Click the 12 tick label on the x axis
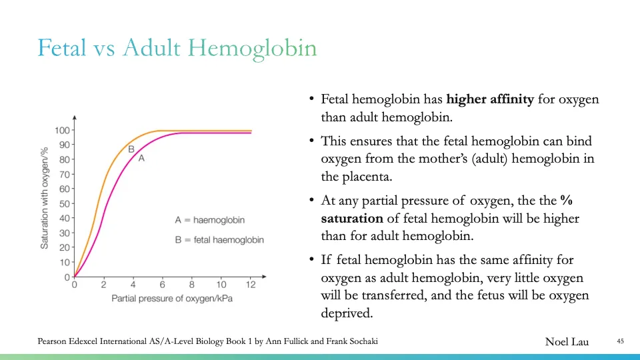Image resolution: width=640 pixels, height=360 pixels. pyautogui.click(x=250, y=285)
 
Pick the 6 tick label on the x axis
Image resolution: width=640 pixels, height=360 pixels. pyautogui.click(x=162, y=285)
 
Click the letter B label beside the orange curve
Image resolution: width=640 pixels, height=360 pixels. pyautogui.click(x=131, y=149)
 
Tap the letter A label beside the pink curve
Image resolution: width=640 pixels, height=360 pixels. pyautogui.click(x=141, y=159)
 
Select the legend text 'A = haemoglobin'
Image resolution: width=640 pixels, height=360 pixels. pyautogui.click(x=209, y=220)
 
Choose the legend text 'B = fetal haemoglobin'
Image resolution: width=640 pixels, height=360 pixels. pyautogui.click(x=219, y=240)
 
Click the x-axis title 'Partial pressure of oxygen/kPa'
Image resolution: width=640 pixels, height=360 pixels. pyautogui.click(x=172, y=298)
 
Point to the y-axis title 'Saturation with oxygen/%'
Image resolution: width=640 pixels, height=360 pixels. pyautogui.click(x=45, y=189)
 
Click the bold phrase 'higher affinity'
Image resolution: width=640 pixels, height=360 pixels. pyautogui.click(x=490, y=100)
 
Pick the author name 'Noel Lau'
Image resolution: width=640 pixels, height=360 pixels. pyautogui.click(x=567, y=342)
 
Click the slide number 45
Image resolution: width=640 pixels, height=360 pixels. pyautogui.click(x=619, y=342)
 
